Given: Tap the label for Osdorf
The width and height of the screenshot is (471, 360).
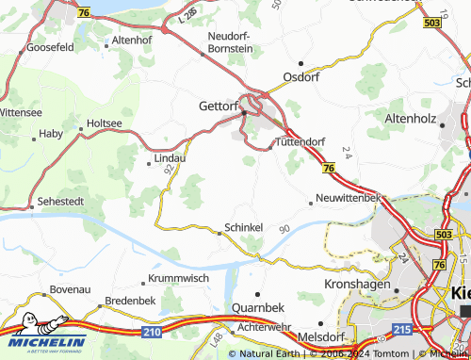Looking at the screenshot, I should point(301,77).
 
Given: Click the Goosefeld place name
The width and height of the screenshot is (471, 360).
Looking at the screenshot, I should point(50,46).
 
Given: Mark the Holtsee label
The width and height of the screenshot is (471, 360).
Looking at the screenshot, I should point(104,123).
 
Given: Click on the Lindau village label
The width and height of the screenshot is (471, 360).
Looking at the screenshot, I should point(170,158).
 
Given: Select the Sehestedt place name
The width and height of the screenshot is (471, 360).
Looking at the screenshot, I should point(61,203).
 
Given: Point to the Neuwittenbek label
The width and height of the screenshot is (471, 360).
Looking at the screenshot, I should point(348,199).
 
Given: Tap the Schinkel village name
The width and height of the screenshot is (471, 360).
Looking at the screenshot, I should point(243,229).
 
